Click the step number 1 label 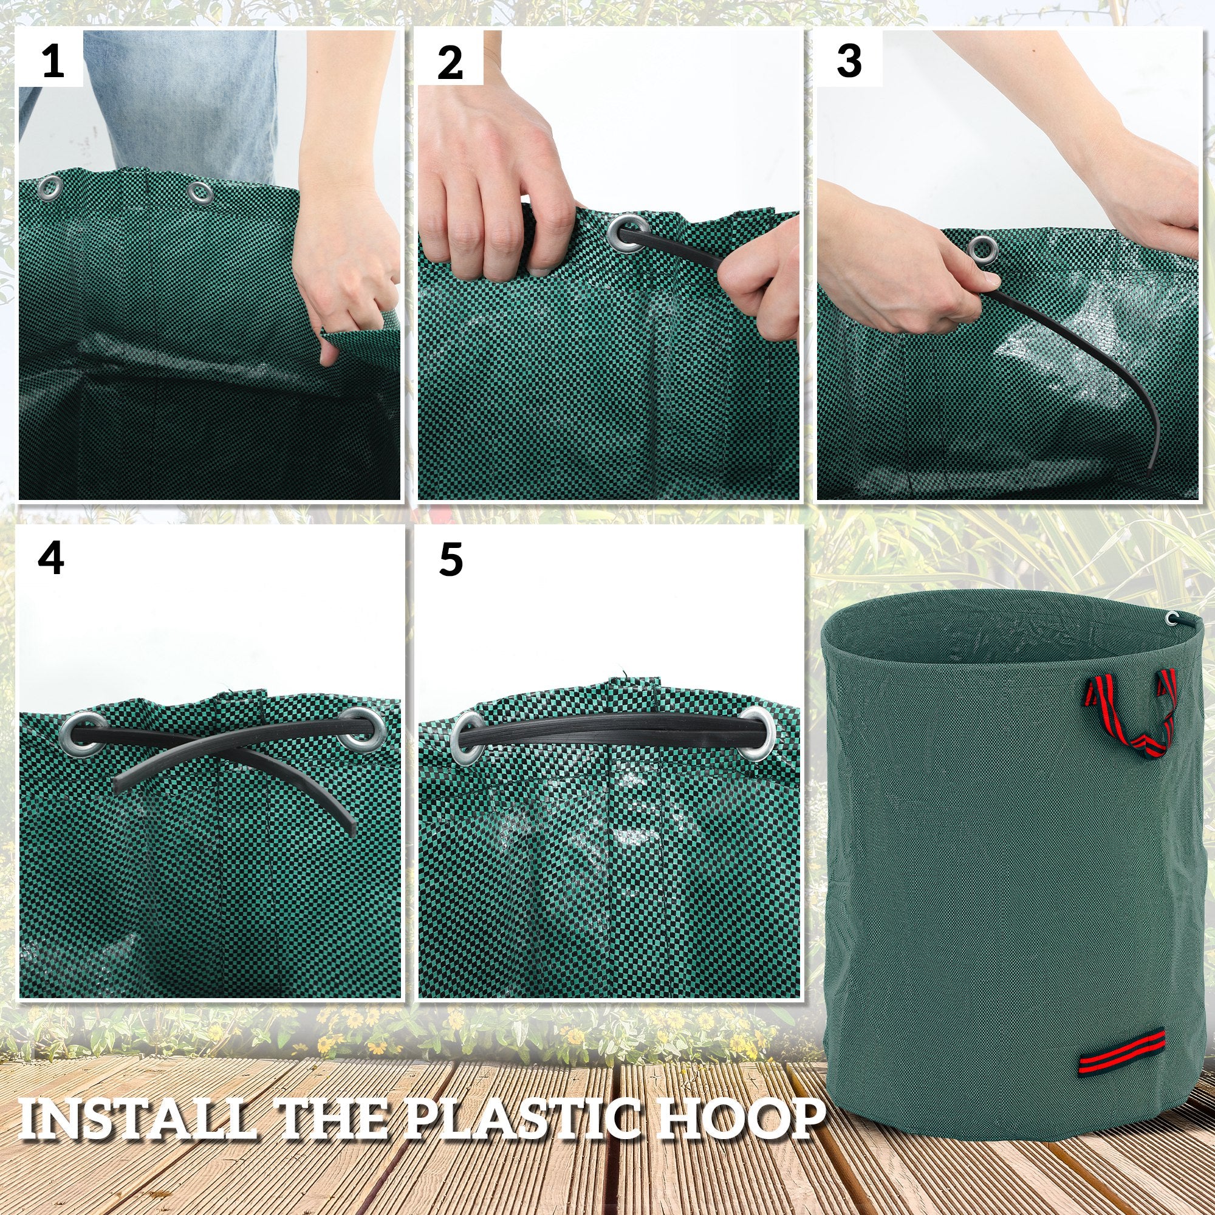(52, 63)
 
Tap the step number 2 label (450, 63)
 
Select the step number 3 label (849, 61)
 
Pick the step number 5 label (451, 560)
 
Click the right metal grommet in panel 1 (200, 192)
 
